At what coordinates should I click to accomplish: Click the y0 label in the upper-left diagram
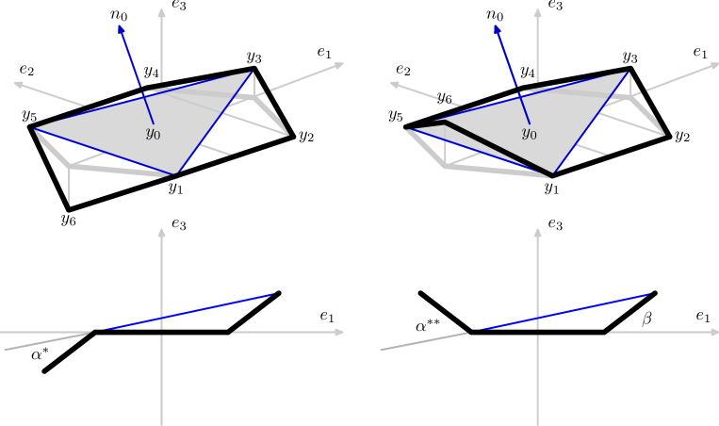click(153, 134)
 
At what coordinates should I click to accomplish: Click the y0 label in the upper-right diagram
click(530, 134)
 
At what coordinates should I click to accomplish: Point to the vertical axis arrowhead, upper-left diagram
click(161, 13)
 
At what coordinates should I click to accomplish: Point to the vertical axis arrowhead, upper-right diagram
click(537, 13)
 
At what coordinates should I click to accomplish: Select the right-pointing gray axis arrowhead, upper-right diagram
click(713, 65)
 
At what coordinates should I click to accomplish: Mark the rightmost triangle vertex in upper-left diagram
click(252, 72)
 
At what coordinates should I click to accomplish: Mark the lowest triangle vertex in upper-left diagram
click(174, 174)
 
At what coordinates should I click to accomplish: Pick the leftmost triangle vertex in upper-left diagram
click(36, 129)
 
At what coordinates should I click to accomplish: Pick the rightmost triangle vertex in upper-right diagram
click(628, 72)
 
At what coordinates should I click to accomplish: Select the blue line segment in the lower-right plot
click(565, 312)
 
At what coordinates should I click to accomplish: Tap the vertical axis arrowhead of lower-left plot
click(161, 232)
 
